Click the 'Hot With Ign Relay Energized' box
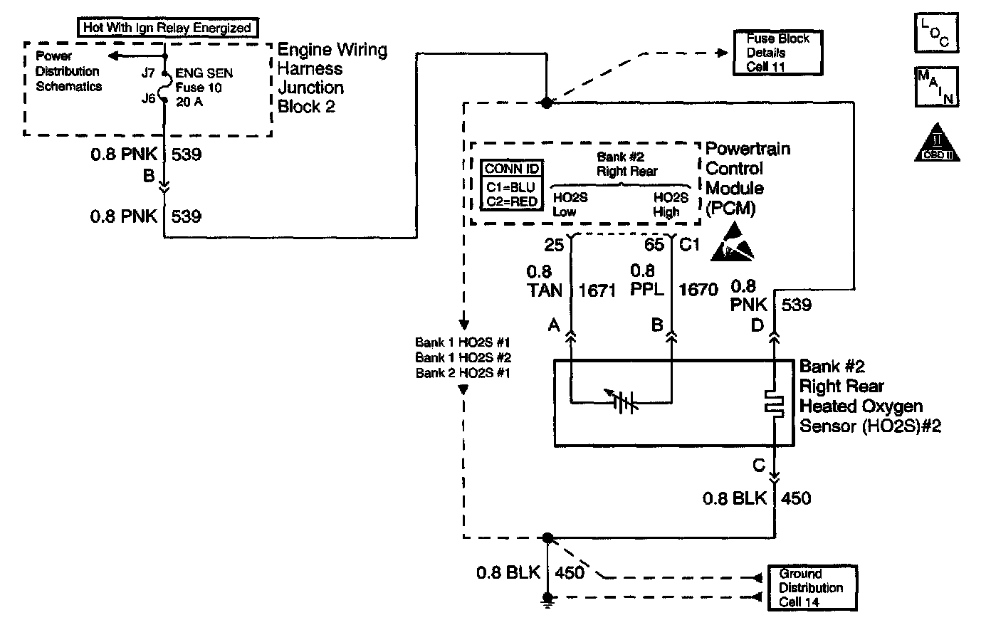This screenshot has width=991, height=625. (167, 28)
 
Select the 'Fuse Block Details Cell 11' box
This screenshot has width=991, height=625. (777, 53)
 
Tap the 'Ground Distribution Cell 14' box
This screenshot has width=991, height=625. (811, 588)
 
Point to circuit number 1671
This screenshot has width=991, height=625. (598, 290)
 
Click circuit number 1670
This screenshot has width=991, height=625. (698, 290)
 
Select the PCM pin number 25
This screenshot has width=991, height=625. (554, 246)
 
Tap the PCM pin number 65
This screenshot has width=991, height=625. (654, 246)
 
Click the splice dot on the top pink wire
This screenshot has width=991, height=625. (547, 103)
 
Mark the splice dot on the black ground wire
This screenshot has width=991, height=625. (547, 537)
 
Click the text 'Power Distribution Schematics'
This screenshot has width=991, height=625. (68, 71)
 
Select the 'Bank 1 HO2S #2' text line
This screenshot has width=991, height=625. (463, 357)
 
